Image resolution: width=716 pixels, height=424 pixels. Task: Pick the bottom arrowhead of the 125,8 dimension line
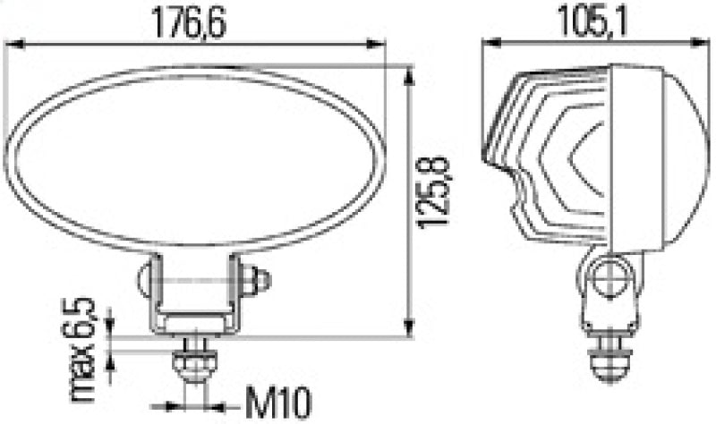click(x=410, y=329)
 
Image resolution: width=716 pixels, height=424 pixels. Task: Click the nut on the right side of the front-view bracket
click(x=260, y=282)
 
